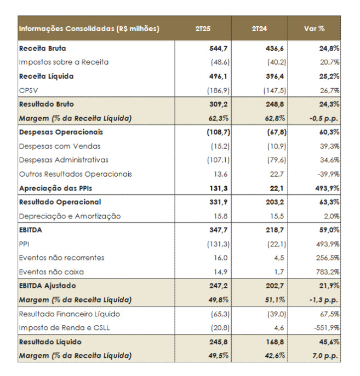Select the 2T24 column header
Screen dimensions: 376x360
259,28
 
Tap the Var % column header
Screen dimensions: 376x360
314,28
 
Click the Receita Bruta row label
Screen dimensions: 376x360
42,48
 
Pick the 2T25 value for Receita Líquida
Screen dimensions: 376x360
217,76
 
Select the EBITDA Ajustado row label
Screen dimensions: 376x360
47,286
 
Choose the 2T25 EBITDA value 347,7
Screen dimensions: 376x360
217,230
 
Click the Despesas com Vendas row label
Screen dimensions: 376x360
59,146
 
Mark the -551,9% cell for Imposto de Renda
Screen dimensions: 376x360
328,328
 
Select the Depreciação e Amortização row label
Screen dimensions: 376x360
70,216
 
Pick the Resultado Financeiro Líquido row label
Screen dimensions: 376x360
69,314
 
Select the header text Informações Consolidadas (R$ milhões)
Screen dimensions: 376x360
89,28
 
